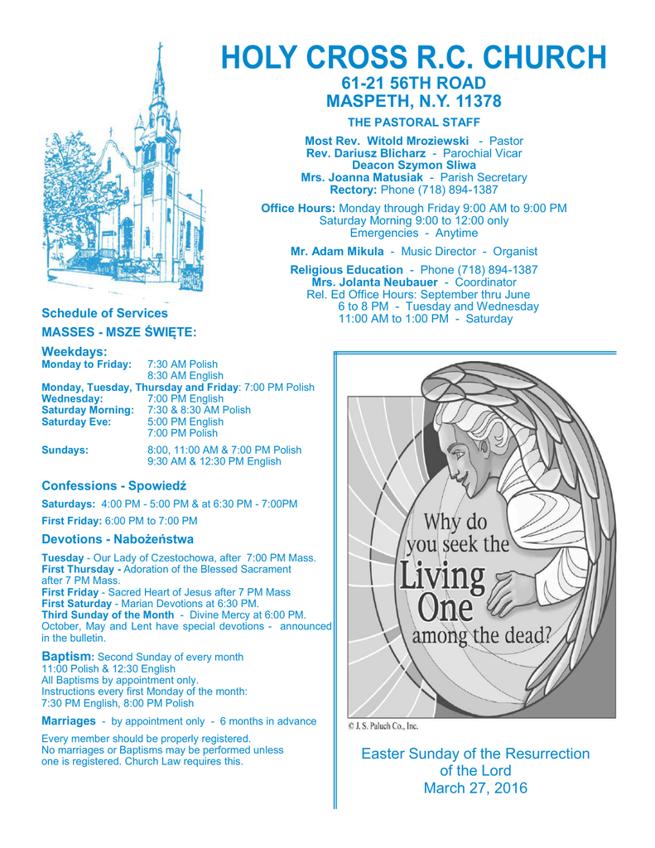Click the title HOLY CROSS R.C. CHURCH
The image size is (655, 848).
click(413, 57)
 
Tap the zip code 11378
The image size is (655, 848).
click(475, 102)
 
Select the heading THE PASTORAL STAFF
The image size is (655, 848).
click(413, 123)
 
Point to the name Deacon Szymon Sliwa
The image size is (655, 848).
click(413, 165)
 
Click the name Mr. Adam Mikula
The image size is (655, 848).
click(337, 251)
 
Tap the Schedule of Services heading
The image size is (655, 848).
click(104, 313)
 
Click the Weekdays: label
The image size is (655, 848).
click(75, 352)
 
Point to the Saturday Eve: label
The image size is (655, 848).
click(82, 422)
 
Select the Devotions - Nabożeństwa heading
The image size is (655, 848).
click(118, 539)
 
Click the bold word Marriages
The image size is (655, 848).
click(68, 720)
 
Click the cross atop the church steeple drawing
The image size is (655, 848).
click(160, 52)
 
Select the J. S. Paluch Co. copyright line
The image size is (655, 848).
click(383, 726)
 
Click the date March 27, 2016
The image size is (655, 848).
click(475, 788)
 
